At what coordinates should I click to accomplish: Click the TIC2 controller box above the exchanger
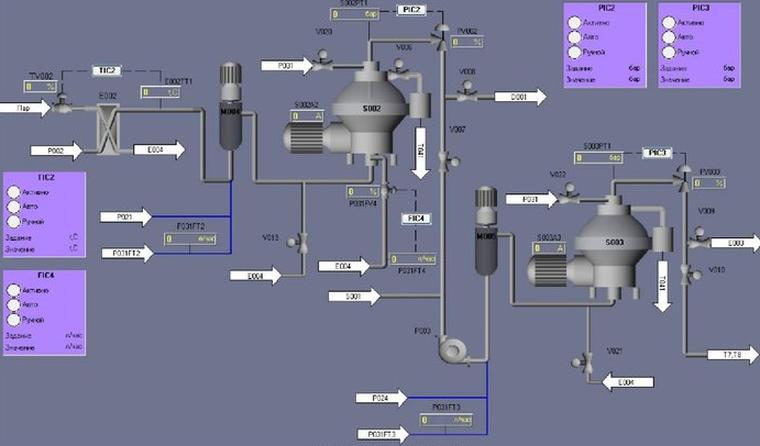click(x=107, y=71)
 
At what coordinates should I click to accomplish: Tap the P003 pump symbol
click(x=449, y=349)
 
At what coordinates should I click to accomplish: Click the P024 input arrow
click(x=380, y=398)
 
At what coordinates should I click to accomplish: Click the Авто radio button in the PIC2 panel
click(x=574, y=36)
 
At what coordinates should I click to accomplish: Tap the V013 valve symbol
click(x=297, y=241)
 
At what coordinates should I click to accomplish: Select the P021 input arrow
click(x=125, y=216)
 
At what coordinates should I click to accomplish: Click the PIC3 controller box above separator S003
click(x=657, y=153)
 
